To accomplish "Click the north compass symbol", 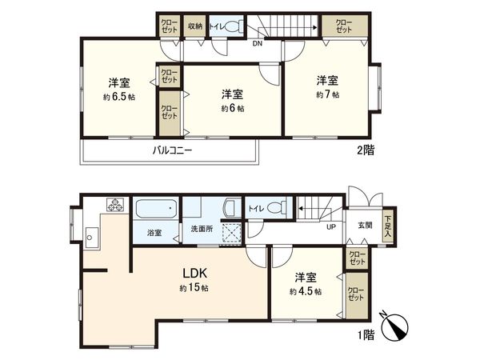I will coord(397,324).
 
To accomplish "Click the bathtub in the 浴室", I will coord(156,211).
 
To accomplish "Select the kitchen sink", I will coord(90,237).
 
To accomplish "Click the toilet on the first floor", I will coord(274,208).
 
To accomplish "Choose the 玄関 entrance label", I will coord(365,225).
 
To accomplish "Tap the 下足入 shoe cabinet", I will coord(388,222).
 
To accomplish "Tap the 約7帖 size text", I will coord(326,94).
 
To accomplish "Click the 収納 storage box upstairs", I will coord(195,26).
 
